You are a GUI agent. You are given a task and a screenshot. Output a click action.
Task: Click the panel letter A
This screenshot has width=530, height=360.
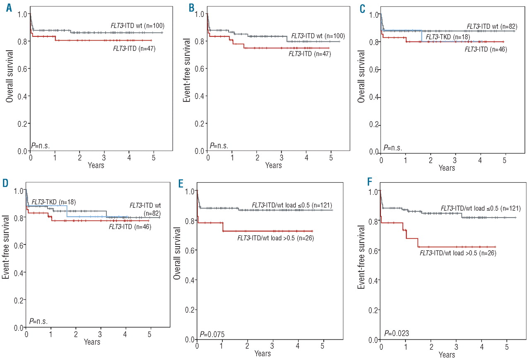pos(9,8)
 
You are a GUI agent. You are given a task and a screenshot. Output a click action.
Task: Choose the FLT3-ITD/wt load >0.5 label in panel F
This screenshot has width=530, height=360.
pos(458,253)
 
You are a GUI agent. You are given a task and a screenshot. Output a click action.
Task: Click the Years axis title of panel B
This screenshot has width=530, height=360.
pos(273,166)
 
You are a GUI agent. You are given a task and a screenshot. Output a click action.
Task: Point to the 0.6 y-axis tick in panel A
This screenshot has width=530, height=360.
pos(22,69)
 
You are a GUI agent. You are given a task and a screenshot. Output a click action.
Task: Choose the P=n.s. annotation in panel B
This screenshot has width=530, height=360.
pos(219,146)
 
